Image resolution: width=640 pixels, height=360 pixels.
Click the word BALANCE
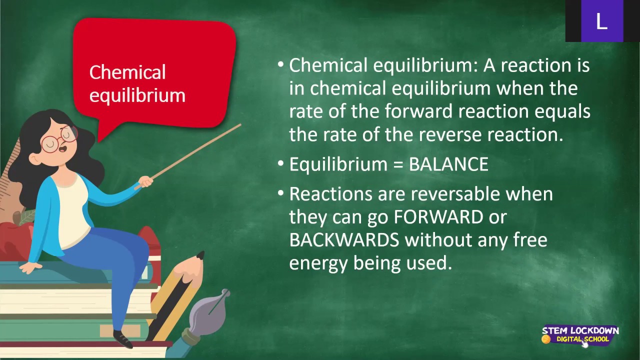tap(448, 164)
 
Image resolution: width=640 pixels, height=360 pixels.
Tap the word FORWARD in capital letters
tap(438, 217)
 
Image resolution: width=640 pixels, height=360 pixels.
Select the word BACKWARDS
tap(344, 240)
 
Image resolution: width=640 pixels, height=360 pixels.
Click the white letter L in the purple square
tap(601, 21)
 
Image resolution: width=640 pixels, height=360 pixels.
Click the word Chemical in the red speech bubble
tap(127, 72)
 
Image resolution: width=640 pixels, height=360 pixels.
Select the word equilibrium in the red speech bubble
tap(137, 95)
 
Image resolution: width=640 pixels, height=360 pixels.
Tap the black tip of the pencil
tap(200, 255)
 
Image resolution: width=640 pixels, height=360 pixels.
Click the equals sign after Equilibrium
tap(397, 165)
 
